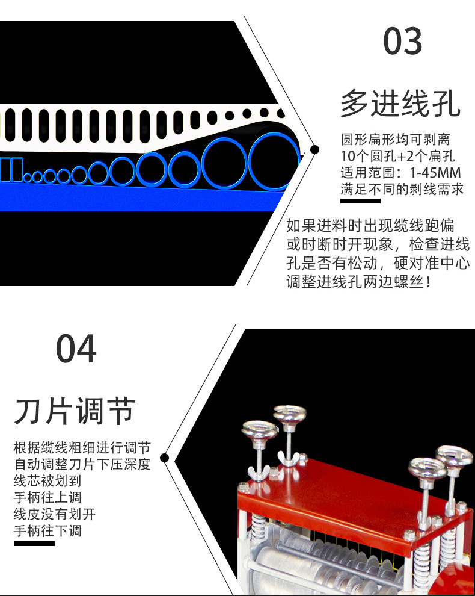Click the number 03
coord(403,42)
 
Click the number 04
coord(76,349)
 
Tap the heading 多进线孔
coord(400,103)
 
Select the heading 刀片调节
coord(75,411)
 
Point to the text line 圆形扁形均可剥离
coord(395,140)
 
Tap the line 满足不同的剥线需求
coord(402,189)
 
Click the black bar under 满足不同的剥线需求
coord(360,200)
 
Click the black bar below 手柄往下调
coord(34,544)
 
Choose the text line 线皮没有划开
coord(54,514)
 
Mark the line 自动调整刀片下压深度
coord(82,465)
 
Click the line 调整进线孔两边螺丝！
coord(358,282)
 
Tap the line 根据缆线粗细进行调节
coord(82,448)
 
